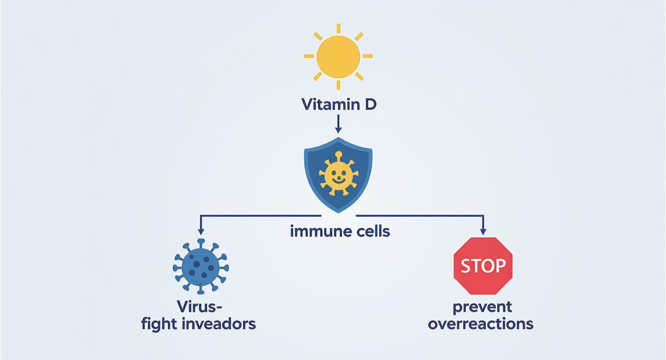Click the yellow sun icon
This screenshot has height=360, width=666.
[338, 56]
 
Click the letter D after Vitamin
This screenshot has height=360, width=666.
[370, 104]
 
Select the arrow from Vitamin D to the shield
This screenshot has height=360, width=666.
[338, 124]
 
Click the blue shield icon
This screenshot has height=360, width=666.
[338, 175]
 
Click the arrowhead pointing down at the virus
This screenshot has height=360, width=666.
[201, 231]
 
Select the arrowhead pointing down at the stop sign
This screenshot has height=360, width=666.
[483, 231]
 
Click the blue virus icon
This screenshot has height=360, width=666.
[201, 266]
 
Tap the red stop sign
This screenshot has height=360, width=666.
[483, 265]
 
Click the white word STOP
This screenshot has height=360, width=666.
[483, 265]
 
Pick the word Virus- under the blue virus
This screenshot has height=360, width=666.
[200, 306]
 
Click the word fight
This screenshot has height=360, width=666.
[159, 324]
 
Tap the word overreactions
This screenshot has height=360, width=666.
[480, 324]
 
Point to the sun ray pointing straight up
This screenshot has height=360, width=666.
[338, 28]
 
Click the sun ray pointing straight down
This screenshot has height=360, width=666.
[338, 85]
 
